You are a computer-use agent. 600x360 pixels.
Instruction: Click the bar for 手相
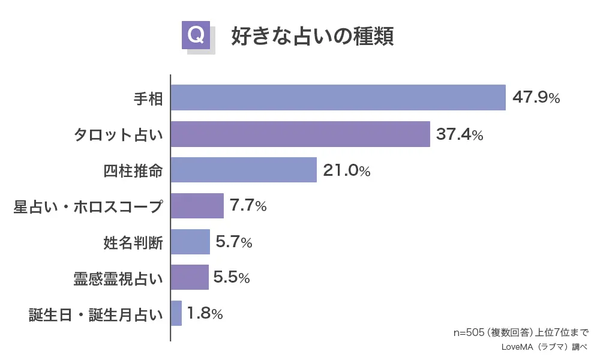coord(338,98)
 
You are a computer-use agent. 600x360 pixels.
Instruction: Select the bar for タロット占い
coord(300,134)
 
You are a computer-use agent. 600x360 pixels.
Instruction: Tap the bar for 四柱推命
coord(244,170)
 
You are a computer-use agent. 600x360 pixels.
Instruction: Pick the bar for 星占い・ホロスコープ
coord(197,206)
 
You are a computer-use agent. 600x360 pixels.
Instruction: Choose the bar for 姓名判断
coord(190,242)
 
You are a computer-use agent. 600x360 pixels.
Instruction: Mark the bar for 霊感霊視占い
coord(190,277)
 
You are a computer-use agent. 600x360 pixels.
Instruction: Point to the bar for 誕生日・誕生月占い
coord(176,313)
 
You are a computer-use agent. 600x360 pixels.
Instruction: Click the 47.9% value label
coord(536,98)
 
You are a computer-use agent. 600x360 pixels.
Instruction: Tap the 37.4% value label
coord(460,134)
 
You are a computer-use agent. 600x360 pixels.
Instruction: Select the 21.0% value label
coord(347,170)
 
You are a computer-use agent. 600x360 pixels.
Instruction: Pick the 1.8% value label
coord(205,313)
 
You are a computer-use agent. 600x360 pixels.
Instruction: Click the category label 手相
coord(148,98)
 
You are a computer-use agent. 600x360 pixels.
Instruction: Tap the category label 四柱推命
coord(133,170)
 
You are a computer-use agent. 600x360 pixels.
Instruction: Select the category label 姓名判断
coord(133,242)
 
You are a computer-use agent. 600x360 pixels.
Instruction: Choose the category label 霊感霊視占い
coord(117,278)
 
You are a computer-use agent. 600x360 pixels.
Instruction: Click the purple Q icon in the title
coord(196,35)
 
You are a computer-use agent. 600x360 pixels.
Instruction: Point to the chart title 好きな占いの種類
coord(312,35)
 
